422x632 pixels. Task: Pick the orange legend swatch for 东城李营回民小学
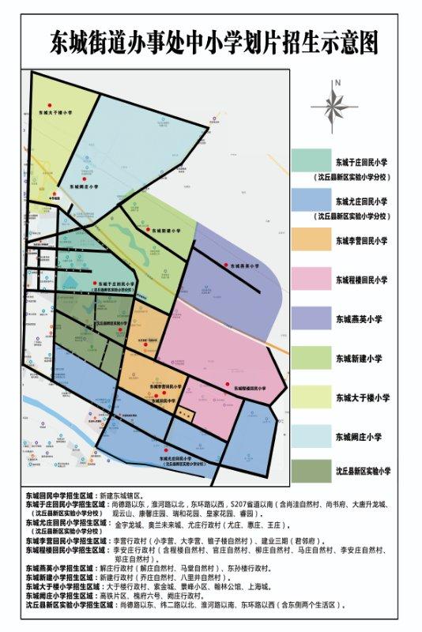309,240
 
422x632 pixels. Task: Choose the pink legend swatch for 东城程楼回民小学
309,279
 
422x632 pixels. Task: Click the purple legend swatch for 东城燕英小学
309,318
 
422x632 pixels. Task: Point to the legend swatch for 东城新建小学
309,358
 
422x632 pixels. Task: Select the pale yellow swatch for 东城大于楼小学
309,397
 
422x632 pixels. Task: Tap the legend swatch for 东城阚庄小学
309,436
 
